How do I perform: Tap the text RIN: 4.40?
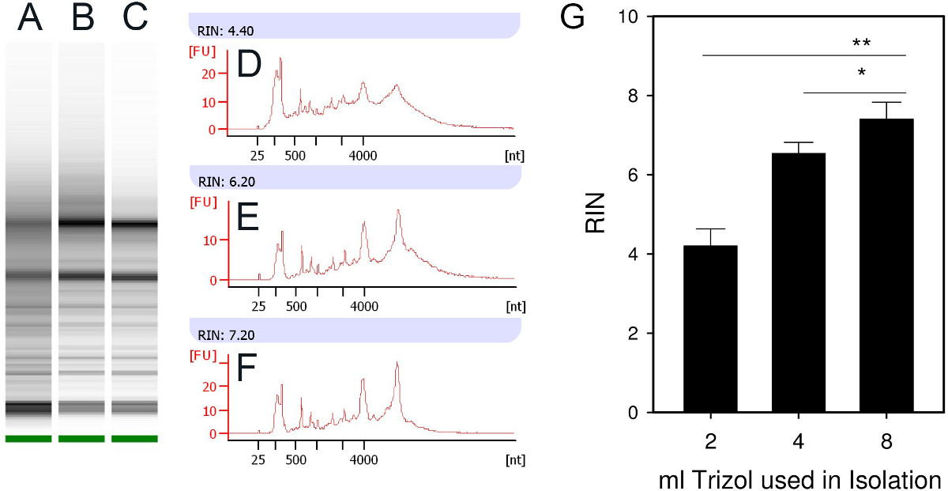tap(221, 32)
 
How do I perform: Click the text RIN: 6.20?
tap(221, 183)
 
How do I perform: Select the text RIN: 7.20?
tap(221, 335)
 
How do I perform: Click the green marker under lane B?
tap(81, 438)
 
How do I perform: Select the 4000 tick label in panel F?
tap(363, 458)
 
